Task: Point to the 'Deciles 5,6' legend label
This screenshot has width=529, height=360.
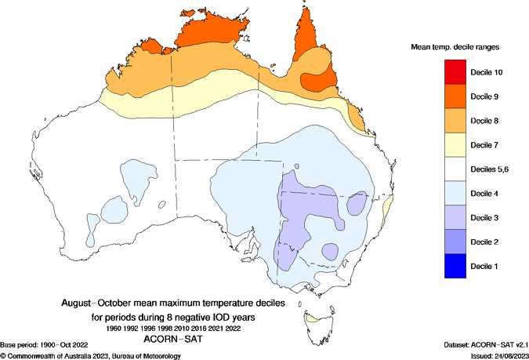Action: (x=491, y=169)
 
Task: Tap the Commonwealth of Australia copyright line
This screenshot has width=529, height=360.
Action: (x=91, y=355)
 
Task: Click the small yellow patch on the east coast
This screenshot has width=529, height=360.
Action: (x=387, y=208)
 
